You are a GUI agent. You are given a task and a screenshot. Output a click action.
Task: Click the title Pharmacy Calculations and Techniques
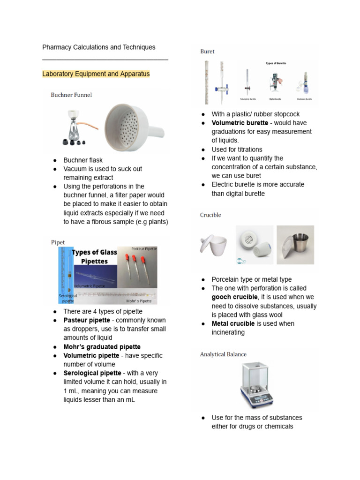point(98,47)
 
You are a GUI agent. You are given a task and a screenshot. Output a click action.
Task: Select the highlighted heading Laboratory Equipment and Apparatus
point(96,74)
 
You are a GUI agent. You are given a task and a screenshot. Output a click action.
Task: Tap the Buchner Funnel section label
point(71,95)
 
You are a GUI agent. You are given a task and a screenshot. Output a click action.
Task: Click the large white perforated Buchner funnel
point(132,127)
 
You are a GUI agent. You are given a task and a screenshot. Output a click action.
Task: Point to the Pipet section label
point(58,242)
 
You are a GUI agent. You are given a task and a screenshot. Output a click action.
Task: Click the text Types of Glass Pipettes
point(94,257)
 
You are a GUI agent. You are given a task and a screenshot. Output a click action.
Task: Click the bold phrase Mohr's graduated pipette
point(102,347)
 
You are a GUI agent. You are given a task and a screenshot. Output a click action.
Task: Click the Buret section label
point(207,52)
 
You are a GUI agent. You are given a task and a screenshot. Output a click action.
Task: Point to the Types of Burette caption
point(276,63)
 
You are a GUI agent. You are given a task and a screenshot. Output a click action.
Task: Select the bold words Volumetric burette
point(240,123)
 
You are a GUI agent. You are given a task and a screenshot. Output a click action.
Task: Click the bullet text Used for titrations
point(237,150)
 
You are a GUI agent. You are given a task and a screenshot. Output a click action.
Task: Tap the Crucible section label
point(210,215)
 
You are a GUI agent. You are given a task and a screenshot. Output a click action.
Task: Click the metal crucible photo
point(295,246)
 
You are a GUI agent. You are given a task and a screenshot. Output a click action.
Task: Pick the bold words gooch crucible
point(234,297)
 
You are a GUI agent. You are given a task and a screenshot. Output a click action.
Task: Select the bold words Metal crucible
point(233,324)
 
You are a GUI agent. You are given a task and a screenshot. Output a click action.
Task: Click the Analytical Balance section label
point(223,354)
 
